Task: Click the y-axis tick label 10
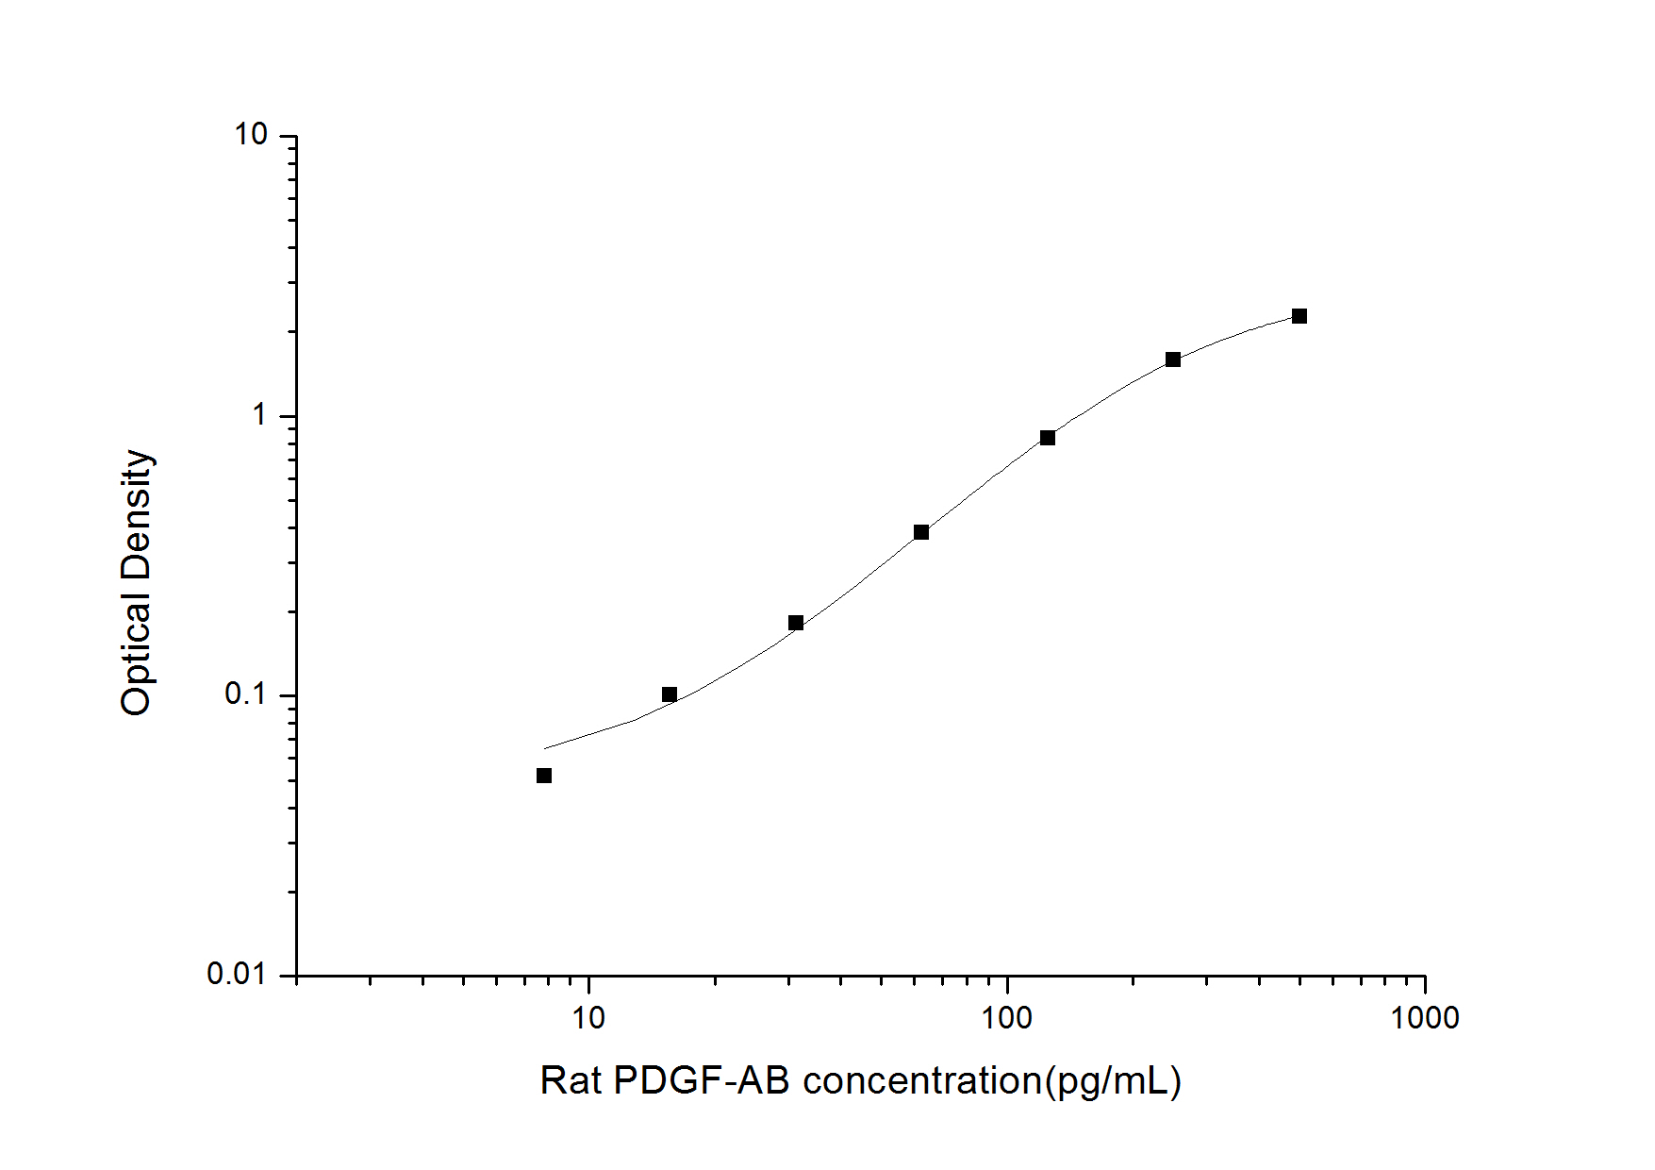click(252, 135)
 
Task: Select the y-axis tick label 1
click(259, 414)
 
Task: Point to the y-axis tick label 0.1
click(246, 694)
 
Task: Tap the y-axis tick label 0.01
click(237, 974)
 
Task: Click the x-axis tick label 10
click(588, 1018)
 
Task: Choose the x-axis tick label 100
click(1006, 1018)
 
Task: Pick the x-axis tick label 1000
click(1424, 1018)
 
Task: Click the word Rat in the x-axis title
click(570, 1081)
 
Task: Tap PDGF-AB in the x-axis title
click(702, 1081)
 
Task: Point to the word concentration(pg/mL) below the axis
click(992, 1081)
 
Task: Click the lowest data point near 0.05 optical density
click(544, 776)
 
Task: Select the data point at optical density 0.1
click(670, 694)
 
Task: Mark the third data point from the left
click(796, 623)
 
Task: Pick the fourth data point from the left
click(921, 532)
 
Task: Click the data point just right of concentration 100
click(1048, 438)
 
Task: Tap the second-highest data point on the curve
click(1173, 359)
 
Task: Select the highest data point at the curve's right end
click(1299, 316)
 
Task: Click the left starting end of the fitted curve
click(546, 748)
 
